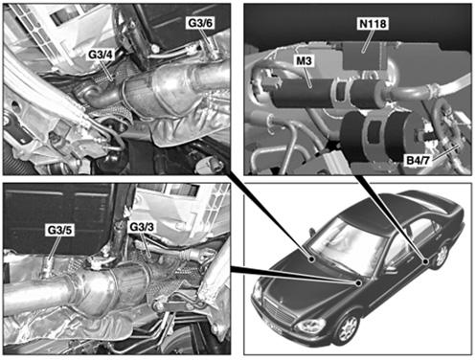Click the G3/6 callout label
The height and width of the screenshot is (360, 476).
coord(200,23)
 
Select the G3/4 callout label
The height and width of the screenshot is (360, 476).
coord(101,55)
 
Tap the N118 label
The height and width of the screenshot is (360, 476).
coord(373,24)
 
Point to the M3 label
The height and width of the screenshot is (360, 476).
coord(304,60)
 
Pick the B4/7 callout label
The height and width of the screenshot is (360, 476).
coord(418,160)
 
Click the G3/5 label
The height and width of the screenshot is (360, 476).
coord(60,230)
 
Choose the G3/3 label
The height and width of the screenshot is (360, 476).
coord(142,227)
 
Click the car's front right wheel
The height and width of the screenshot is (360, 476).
coord(348,328)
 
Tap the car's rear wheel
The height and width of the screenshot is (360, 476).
coord(442,256)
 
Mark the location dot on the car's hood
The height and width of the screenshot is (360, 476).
coord(312,259)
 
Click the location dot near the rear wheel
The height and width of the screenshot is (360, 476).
coord(425,261)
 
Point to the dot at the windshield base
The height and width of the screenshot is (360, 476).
coord(359,283)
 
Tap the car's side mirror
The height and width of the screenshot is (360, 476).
coord(390,272)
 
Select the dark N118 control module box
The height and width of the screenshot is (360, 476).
coord(366,56)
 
